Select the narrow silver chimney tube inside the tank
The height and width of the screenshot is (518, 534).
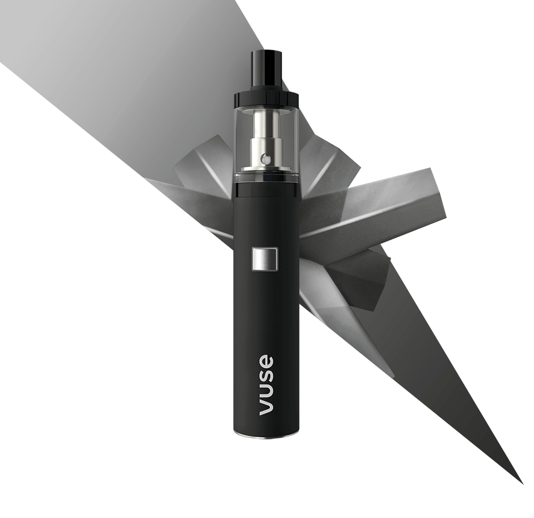coord(266,125)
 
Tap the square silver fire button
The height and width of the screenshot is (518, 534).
coord(265,258)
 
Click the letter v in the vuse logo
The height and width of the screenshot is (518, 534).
coord(267,407)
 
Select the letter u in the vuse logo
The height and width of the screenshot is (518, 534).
coord(267,390)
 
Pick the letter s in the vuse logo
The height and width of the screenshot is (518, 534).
coord(267,375)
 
